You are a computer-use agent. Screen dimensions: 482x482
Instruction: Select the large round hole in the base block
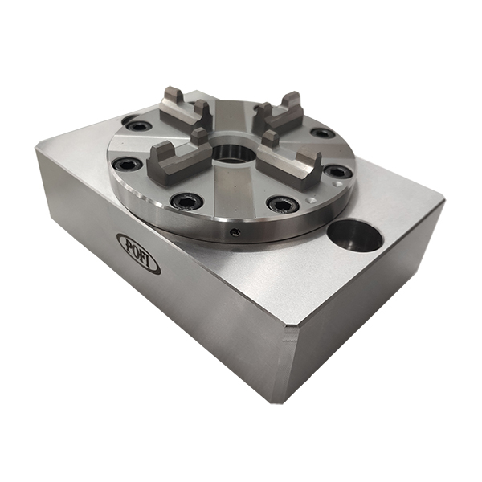(x=354, y=235)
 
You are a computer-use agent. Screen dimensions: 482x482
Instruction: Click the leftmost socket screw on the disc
(x=126, y=164)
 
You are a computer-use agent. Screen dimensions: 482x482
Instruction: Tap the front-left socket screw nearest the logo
(x=186, y=200)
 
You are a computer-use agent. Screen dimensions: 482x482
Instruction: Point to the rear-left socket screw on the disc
(x=138, y=126)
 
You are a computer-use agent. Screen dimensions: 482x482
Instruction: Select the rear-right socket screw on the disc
(x=322, y=133)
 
